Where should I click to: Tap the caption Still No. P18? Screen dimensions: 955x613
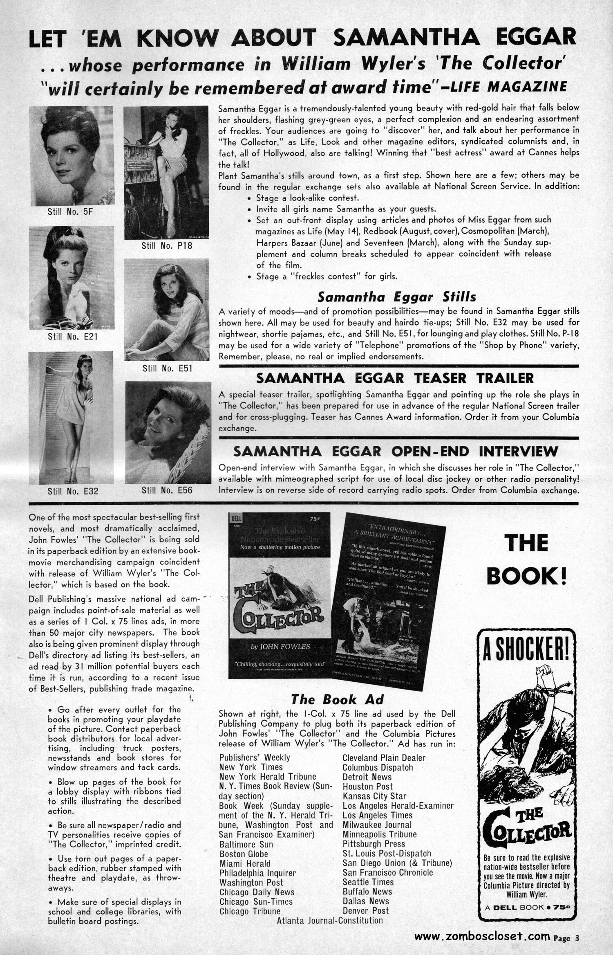coord(167,246)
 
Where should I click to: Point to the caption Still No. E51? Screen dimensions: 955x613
coord(168,368)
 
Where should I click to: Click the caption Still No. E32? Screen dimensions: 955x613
coord(73,491)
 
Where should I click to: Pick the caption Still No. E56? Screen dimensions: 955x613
coord(167,490)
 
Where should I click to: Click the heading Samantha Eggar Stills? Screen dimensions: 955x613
coord(397,296)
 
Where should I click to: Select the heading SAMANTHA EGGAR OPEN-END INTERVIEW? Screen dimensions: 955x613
coord(395,452)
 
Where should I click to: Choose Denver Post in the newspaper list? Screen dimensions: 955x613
coord(365,911)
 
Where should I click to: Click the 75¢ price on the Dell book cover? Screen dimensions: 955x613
coord(314,519)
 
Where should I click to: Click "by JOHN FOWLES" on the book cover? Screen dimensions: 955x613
coord(280,647)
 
